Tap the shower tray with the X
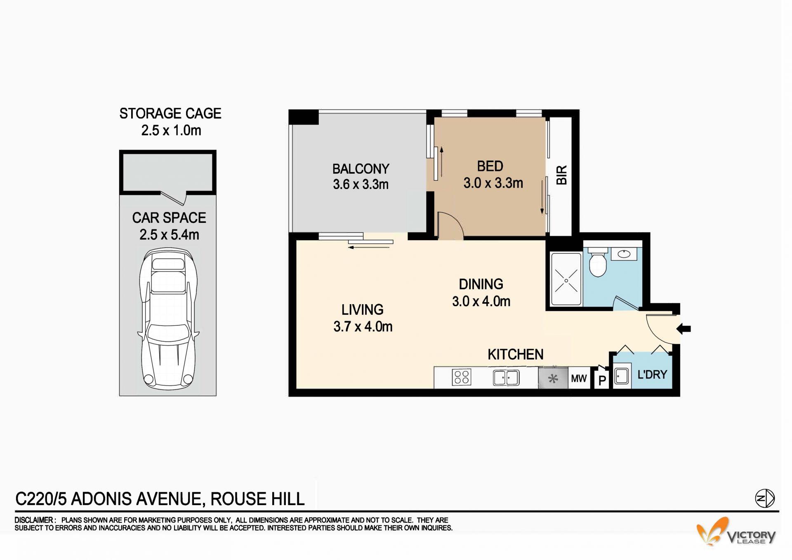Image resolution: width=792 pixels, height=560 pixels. click(566, 280)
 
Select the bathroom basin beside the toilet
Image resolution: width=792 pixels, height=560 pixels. click(624, 253)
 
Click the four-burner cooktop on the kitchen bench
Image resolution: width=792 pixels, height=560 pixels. click(462, 377)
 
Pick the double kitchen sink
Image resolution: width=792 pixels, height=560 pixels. click(506, 378)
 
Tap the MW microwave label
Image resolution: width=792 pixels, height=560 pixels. click(579, 378)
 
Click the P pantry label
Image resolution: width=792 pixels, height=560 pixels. click(602, 380)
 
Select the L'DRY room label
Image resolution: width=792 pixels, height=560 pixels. click(652, 375)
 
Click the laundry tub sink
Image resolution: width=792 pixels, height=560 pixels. click(621, 376)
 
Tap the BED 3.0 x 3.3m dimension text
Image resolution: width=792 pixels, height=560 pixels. click(493, 183)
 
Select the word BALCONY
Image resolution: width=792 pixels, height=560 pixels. click(361, 169)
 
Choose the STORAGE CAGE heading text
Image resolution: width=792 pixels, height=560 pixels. click(170, 113)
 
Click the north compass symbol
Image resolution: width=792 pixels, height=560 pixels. click(765, 499)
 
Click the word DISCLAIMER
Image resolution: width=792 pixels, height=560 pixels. click(34, 520)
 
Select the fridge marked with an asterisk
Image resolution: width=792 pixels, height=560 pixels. click(553, 378)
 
